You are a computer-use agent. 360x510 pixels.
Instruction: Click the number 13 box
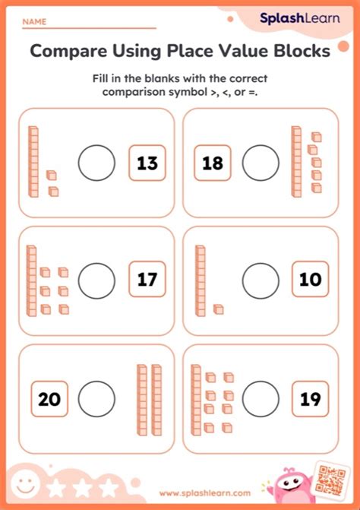point(147,162)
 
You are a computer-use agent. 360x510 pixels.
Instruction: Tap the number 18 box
point(213,162)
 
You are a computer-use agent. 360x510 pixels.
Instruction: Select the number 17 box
point(147,280)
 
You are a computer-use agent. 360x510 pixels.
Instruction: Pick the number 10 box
point(310,280)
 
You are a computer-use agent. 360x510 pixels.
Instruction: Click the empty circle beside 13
point(97,162)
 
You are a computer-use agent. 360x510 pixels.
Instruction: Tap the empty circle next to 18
point(261,162)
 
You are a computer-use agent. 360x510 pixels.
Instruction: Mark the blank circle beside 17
point(97,280)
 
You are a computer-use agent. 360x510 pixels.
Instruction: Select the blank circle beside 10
point(261,280)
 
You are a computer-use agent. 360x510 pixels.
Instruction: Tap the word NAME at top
point(34,23)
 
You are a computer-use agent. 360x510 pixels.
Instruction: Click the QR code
point(332,479)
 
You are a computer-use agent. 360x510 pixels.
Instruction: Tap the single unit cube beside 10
point(218,309)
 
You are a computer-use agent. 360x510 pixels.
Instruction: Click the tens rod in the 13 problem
point(33,160)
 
